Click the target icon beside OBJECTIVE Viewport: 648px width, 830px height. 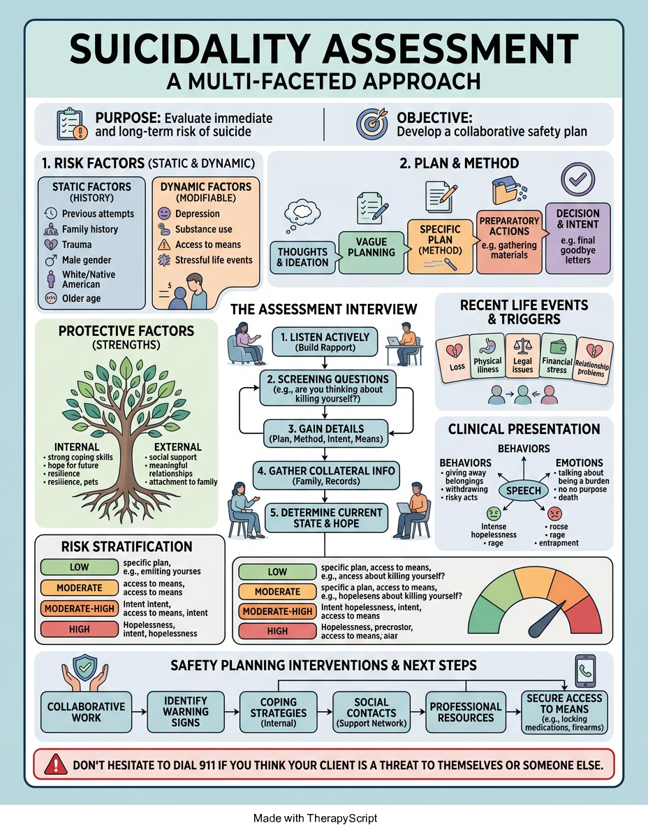(372, 124)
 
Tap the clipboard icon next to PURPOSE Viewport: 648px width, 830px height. (71, 124)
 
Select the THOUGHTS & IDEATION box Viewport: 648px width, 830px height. (302, 257)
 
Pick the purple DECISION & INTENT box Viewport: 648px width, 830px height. (577, 238)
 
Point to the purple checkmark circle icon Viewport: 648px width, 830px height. (577, 180)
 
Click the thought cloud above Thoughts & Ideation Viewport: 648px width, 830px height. (302, 214)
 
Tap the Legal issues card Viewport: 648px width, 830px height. (522, 356)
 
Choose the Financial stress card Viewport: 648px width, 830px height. (557, 356)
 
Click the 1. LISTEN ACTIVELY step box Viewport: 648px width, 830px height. (325, 342)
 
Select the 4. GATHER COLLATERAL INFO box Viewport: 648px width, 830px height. (326, 475)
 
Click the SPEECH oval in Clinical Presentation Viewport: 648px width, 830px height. (523, 490)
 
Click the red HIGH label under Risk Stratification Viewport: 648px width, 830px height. (80, 629)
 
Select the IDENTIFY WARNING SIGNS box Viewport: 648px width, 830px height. (186, 712)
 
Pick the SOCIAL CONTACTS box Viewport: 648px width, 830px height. (371, 712)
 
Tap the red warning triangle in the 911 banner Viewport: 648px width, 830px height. (55, 764)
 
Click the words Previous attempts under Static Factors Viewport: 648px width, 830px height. (98, 214)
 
